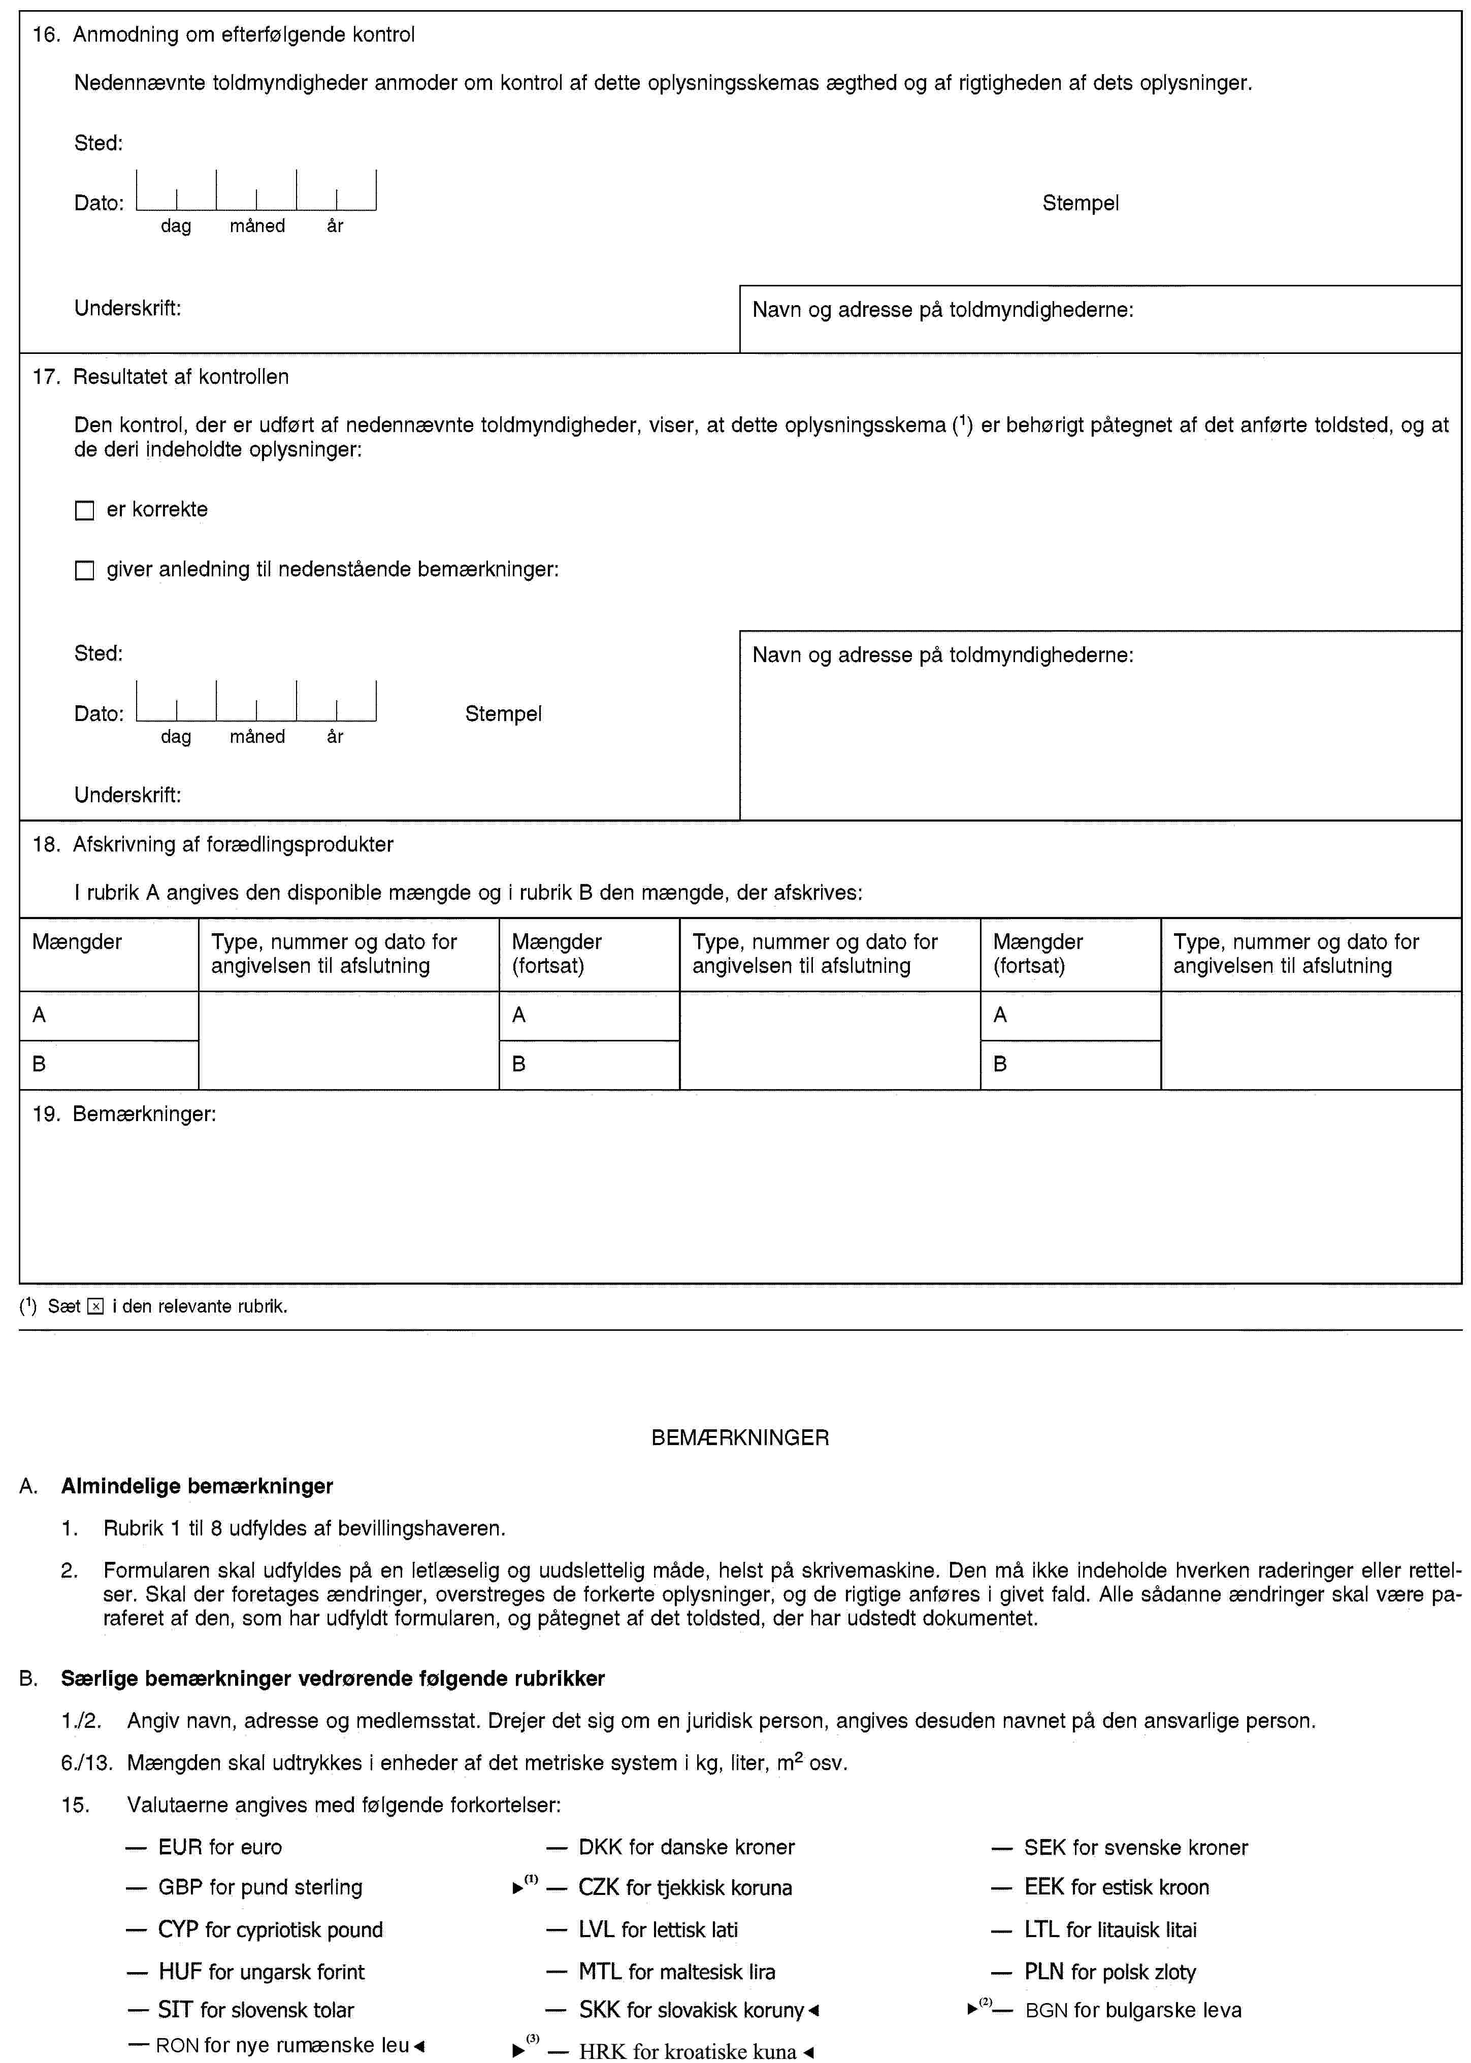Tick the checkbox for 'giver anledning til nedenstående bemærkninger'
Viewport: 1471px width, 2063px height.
(84, 571)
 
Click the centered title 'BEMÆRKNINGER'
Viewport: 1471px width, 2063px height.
(740, 1438)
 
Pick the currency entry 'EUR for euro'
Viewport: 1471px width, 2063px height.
(219, 1848)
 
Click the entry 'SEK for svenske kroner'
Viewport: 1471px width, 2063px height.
(1136, 1848)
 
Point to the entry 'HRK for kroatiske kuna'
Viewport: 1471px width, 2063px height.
(688, 2052)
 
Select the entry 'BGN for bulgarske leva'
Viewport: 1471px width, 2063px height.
(1132, 2011)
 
